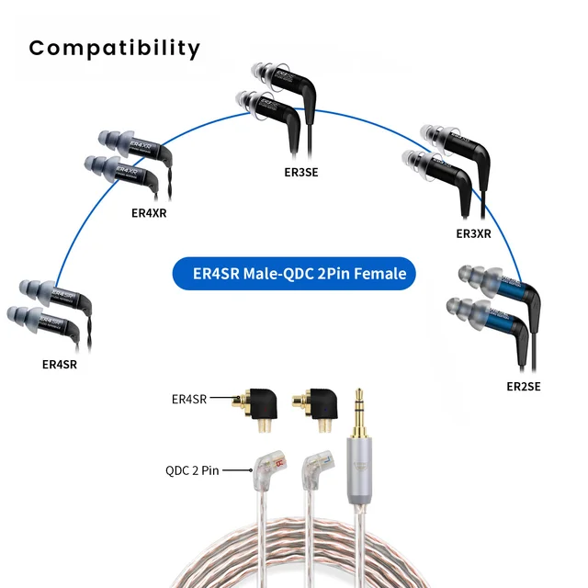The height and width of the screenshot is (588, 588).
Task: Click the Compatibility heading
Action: [114, 47]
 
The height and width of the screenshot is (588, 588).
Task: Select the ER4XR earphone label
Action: [150, 213]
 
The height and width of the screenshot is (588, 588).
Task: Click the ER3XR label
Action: [473, 234]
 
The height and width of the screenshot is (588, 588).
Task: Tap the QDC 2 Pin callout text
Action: [192, 470]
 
